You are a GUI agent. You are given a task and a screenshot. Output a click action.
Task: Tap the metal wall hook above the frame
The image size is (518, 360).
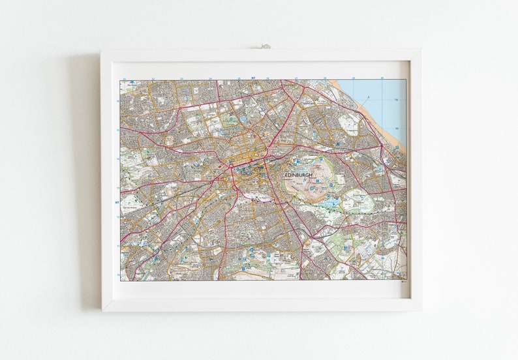(x=265, y=47)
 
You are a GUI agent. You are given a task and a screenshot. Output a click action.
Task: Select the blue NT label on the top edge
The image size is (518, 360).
(x=253, y=78)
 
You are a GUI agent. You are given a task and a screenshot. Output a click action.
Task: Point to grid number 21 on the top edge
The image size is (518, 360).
(x=153, y=78)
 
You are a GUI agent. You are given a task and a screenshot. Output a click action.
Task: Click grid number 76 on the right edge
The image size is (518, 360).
(x=396, y=100)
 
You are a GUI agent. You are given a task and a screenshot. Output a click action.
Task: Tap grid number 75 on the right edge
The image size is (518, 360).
(x=396, y=128)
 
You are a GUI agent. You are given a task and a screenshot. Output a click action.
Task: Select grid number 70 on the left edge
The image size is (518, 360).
(x=117, y=275)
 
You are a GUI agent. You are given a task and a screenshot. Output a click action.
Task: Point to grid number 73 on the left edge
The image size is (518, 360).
(x=117, y=188)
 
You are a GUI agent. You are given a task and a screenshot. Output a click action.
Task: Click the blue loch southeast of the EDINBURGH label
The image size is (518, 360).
(x=332, y=203)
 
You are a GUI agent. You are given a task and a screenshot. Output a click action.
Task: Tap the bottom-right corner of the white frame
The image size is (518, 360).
(x=420, y=309)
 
